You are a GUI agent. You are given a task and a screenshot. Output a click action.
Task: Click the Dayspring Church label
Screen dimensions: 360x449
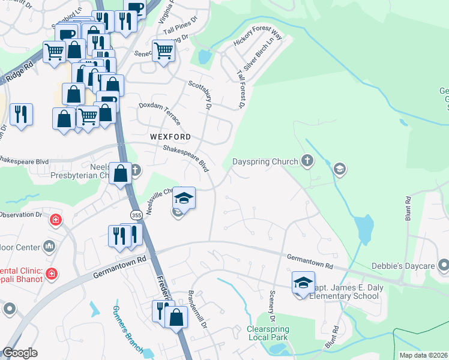click(265, 161)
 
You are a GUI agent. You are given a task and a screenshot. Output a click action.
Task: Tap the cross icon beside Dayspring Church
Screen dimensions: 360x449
click(307, 160)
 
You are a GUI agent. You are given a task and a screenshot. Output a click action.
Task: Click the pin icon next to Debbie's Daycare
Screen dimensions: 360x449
click(444, 264)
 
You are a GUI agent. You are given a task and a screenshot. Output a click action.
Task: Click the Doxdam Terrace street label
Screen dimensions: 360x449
click(159, 112)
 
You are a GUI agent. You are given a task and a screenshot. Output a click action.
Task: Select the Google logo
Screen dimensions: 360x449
click(20, 353)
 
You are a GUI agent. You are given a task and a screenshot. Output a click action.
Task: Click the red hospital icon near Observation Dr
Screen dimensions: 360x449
click(56, 220)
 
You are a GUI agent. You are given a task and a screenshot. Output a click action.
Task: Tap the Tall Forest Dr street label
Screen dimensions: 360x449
click(242, 91)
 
